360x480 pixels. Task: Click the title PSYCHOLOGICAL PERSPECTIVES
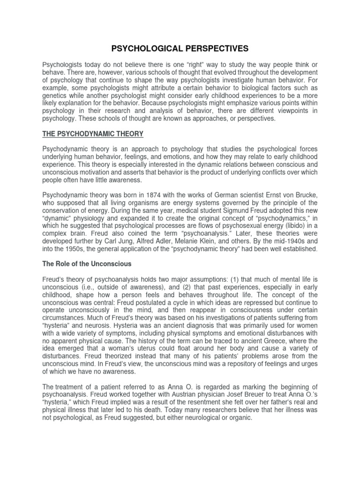pyautogui.click(x=180, y=48)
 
